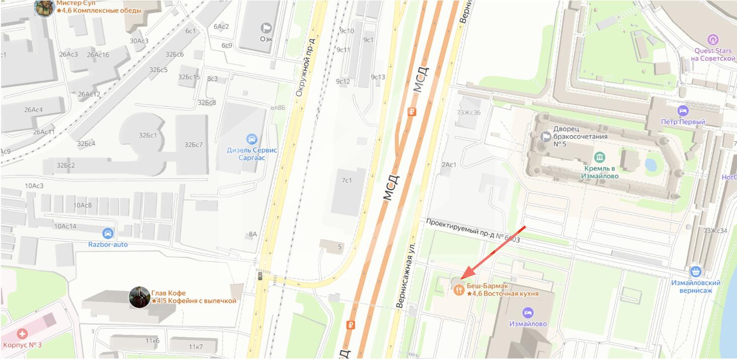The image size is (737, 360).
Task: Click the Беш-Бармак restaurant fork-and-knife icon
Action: [x=459, y=290]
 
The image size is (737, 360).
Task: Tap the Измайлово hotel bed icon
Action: [x=528, y=313]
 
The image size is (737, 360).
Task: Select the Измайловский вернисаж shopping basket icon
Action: [x=696, y=272]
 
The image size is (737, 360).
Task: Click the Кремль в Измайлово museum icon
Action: [x=599, y=157]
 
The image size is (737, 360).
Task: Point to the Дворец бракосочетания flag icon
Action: [x=545, y=136]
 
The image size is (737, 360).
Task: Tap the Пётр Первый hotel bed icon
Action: [x=683, y=111]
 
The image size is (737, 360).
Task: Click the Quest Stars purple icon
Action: [x=713, y=40]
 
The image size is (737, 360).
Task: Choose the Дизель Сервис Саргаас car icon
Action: [x=252, y=139]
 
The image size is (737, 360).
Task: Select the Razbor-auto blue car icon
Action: [x=108, y=233]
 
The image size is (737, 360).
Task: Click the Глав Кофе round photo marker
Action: [x=139, y=297]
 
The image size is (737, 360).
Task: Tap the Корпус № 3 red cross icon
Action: [x=22, y=334]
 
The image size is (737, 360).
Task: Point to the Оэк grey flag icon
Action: [x=266, y=28]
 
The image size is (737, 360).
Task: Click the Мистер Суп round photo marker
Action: [x=44, y=7]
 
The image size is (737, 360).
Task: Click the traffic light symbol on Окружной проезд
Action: [x=260, y=276]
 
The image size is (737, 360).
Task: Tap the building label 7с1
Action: [x=347, y=180]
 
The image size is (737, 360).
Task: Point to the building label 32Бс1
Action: [x=148, y=135]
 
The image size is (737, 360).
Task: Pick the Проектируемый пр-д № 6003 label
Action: [x=472, y=231]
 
